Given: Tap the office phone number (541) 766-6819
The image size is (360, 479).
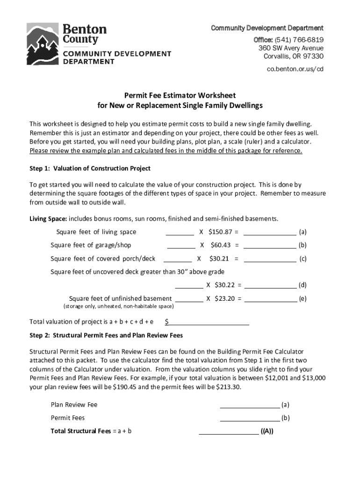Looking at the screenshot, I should pyautogui.click(x=298, y=39).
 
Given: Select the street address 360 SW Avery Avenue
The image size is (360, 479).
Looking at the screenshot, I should pyautogui.click(x=291, y=48).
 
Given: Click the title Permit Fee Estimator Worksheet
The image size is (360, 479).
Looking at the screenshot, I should pyautogui.click(x=180, y=95).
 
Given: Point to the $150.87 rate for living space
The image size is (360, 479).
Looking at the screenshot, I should pyautogui.click(x=220, y=232).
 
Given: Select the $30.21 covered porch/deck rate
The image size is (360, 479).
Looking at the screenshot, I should pyautogui.click(x=219, y=258).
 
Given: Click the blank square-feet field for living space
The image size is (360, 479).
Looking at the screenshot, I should pyautogui.click(x=180, y=232).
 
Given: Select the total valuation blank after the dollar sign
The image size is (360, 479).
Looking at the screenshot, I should pyautogui.click(x=209, y=322).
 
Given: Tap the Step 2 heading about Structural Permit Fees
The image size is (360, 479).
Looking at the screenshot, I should pyautogui.click(x=106, y=335).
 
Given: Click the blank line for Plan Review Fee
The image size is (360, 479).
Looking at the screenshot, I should pyautogui.click(x=250, y=405).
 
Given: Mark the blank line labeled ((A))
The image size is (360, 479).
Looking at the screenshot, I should pyautogui.click(x=229, y=432).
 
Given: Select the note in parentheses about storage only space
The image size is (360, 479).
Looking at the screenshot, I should pyautogui.click(x=118, y=306).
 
